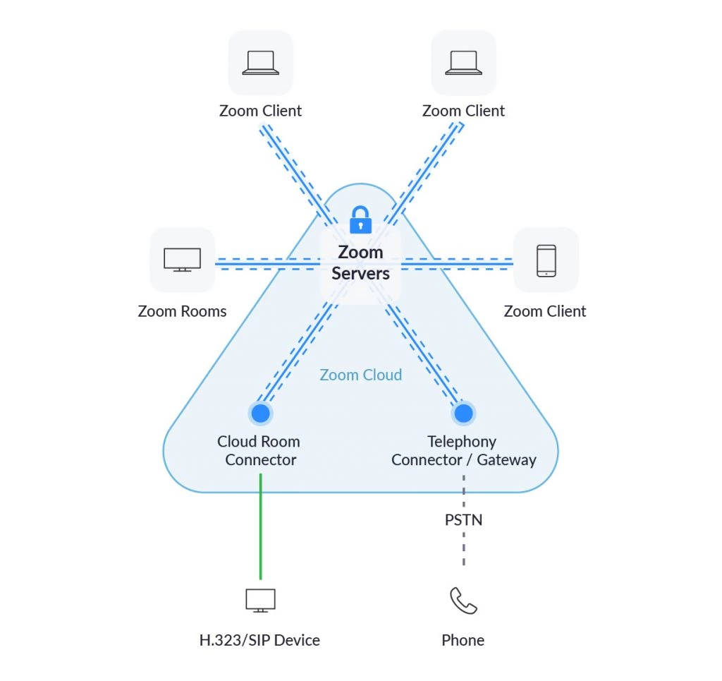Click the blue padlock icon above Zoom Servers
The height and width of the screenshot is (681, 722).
tap(360, 220)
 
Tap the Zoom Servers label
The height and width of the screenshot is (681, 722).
tap(360, 263)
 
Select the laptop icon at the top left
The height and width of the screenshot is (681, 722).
tap(261, 63)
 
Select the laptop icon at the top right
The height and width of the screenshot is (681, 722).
tap(463, 63)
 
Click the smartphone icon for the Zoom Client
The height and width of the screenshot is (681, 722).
tap(546, 260)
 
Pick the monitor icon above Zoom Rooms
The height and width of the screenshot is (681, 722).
tap(182, 260)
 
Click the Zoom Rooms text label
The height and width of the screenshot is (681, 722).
tap(182, 311)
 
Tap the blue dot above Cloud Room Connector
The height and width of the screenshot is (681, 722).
tap(260, 413)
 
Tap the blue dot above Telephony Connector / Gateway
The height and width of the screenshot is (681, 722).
tap(463, 413)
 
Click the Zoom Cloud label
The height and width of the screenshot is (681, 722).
tap(360, 375)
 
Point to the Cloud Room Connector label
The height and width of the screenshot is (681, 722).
tap(259, 451)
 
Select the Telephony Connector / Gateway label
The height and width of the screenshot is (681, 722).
tap(463, 451)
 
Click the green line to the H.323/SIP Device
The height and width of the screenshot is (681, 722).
tap(260, 526)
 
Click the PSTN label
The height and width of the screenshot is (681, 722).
tap(463, 520)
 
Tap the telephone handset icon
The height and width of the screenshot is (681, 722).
tap(463, 601)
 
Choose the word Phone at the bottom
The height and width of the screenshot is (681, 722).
tap(463, 641)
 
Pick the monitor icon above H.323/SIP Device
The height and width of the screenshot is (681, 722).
tap(260, 601)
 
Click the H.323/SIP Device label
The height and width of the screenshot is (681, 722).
tap(259, 641)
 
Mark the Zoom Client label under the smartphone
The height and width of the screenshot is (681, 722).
tap(545, 311)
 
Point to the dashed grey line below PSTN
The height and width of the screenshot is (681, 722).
tap(463, 550)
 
